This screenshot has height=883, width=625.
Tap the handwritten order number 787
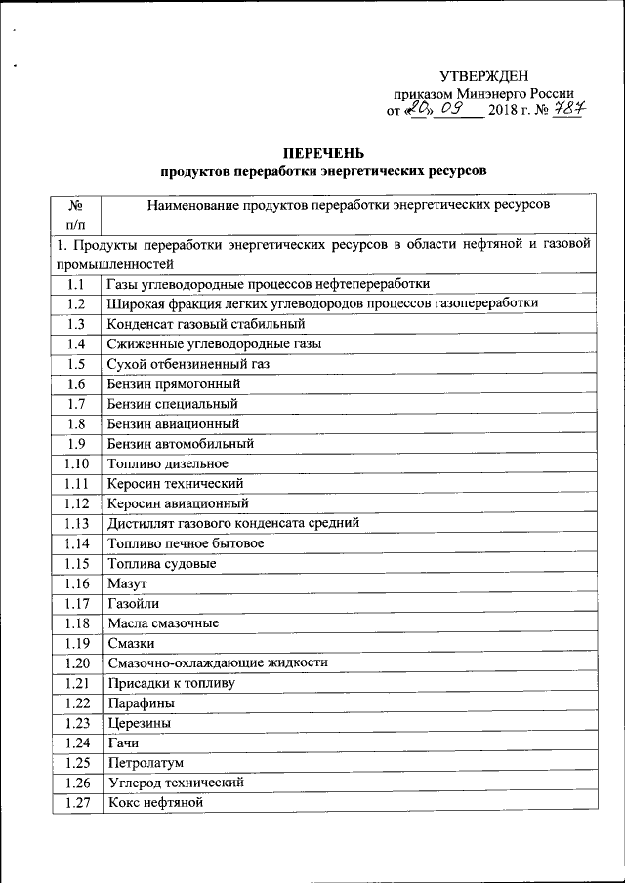pos(566,111)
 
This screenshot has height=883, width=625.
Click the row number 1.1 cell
pos(75,284)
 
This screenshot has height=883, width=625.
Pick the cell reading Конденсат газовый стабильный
pos(207,323)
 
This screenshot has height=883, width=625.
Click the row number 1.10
pos(75,463)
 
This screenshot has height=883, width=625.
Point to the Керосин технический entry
pos(175,483)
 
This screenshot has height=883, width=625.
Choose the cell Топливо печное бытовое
pos(186,542)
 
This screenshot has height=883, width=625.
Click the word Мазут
pos(128,583)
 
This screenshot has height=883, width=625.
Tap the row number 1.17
pos(75,603)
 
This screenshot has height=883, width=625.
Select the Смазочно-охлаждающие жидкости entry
pos(218,662)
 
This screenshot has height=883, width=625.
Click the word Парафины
pos(143,702)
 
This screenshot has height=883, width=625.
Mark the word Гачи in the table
pos(125,743)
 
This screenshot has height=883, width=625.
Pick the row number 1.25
pos(75,762)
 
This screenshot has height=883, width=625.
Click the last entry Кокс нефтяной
pos(155,802)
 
